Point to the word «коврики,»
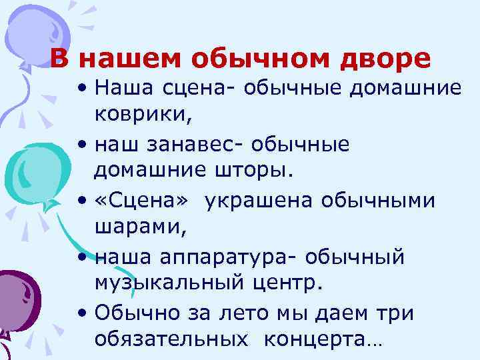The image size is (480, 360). click(x=143, y=115)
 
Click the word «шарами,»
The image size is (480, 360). click(x=136, y=228)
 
